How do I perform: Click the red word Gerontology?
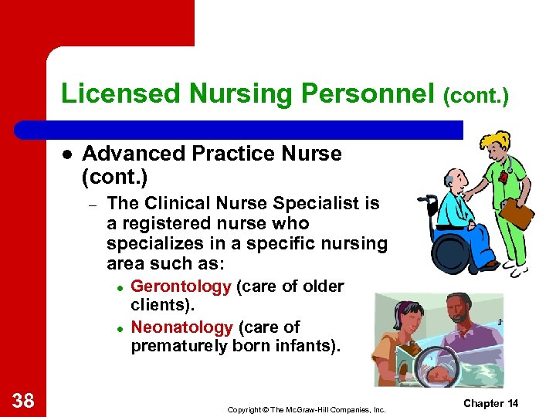point(181,286)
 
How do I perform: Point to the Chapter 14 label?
point(490,404)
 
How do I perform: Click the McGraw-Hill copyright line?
point(306,409)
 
